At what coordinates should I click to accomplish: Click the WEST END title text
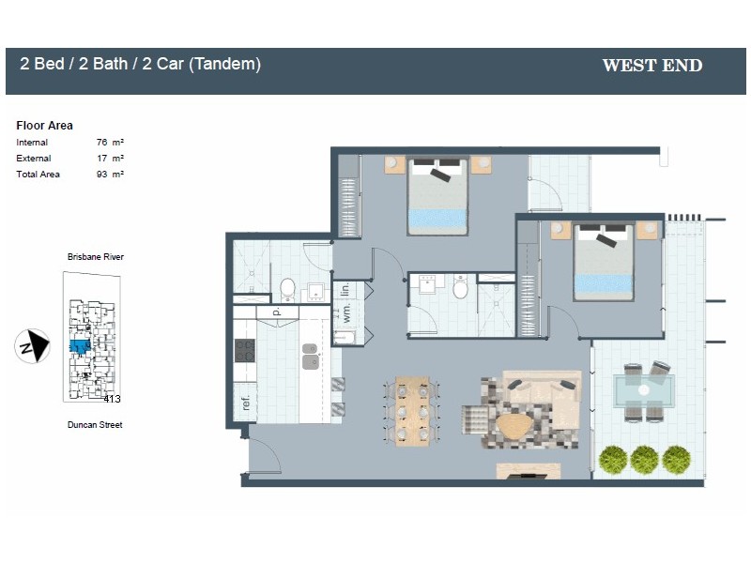651,66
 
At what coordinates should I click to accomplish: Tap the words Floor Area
44,126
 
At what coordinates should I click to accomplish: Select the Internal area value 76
102,143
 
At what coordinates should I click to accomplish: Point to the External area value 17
102,159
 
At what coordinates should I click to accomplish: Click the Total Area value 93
102,175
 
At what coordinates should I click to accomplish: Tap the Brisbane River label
95,257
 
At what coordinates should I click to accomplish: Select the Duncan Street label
95,425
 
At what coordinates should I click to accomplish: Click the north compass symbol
32,347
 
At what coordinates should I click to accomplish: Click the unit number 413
112,398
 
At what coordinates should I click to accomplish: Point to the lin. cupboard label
345,290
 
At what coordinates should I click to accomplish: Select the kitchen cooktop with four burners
245,351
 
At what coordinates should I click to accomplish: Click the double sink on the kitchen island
310,356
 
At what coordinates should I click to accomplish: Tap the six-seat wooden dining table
412,411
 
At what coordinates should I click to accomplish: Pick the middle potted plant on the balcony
644,459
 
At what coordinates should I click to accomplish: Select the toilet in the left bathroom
288,287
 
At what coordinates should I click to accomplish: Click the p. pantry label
277,312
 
